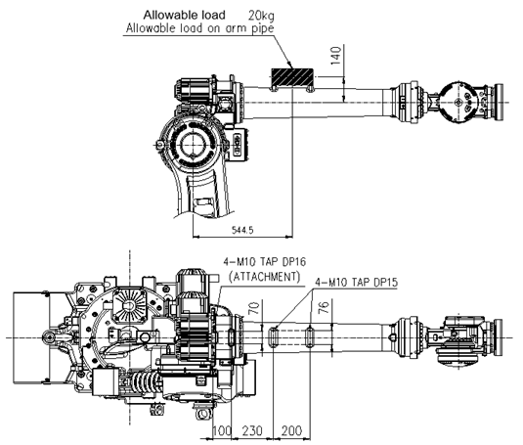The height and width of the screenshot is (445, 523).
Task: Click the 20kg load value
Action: [x=261, y=16]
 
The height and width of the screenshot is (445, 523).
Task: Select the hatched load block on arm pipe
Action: [x=292, y=77]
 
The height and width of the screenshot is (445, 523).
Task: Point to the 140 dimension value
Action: [x=336, y=56]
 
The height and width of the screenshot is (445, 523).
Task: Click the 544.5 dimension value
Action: [x=242, y=230]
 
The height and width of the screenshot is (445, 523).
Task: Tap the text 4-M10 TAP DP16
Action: [x=265, y=262]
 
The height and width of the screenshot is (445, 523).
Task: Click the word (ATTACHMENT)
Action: [x=265, y=277]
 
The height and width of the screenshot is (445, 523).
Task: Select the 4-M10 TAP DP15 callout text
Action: [x=357, y=283]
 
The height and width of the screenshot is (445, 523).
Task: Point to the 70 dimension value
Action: [x=254, y=308]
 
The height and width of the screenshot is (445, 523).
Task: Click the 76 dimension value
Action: [x=324, y=307]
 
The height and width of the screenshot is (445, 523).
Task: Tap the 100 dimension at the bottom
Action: [x=222, y=430]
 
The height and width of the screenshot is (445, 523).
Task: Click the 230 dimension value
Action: [x=252, y=430]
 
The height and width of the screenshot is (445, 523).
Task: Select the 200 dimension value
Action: [x=291, y=430]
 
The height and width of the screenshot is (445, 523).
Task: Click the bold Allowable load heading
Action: [x=185, y=15]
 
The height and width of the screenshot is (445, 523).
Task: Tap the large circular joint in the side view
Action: [x=192, y=144]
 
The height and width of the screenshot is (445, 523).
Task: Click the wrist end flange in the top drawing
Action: [x=500, y=102]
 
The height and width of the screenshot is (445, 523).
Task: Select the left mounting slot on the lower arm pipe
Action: [x=274, y=337]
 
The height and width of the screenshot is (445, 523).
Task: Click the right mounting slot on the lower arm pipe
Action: [x=310, y=337]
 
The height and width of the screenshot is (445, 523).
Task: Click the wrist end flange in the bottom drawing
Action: [x=499, y=337]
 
